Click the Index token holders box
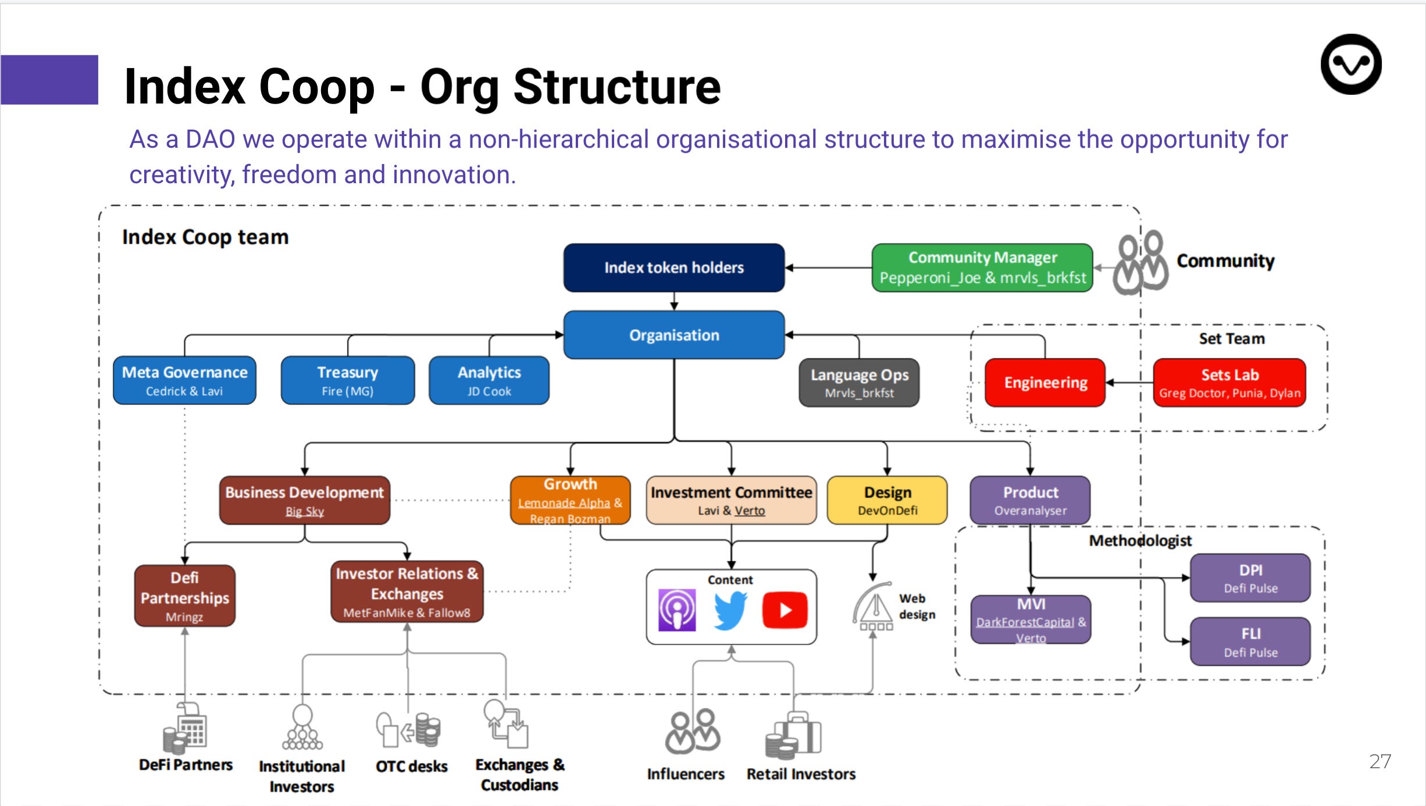click(x=673, y=268)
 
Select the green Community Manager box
click(x=982, y=268)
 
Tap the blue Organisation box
click(x=673, y=335)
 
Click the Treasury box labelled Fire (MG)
click(x=347, y=380)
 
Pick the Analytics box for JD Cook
click(x=489, y=380)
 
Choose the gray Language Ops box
click(x=859, y=383)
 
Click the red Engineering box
click(x=1045, y=383)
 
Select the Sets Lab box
click(x=1229, y=383)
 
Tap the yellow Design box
click(x=887, y=500)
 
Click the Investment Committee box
click(x=731, y=500)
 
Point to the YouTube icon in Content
click(x=785, y=610)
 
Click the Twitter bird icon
click(x=730, y=610)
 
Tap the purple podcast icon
click(x=677, y=610)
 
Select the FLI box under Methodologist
click(x=1250, y=641)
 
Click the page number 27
click(x=1379, y=761)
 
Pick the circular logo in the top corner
click(x=1350, y=64)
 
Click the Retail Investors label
click(x=801, y=774)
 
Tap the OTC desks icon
click(x=408, y=729)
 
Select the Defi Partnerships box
click(x=184, y=595)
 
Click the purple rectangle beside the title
click(x=49, y=80)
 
